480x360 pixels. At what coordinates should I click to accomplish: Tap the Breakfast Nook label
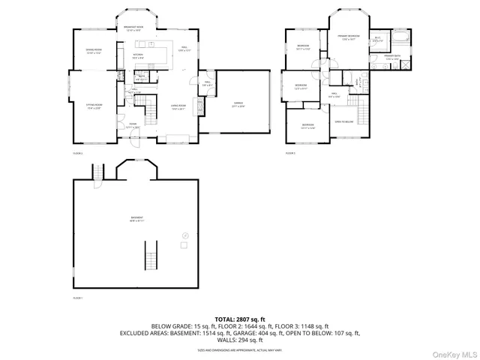tap(139, 28)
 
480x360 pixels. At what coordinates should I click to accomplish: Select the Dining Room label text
tap(94, 52)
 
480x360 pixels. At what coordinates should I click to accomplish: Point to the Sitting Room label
tap(94, 107)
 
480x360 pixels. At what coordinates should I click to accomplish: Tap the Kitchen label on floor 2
tap(138, 55)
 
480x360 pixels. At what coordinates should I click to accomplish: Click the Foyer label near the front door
tap(131, 125)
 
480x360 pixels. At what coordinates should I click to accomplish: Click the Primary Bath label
tap(392, 57)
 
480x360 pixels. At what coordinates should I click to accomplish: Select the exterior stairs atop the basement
tap(97, 172)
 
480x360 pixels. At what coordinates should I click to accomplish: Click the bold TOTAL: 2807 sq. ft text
tap(240, 319)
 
